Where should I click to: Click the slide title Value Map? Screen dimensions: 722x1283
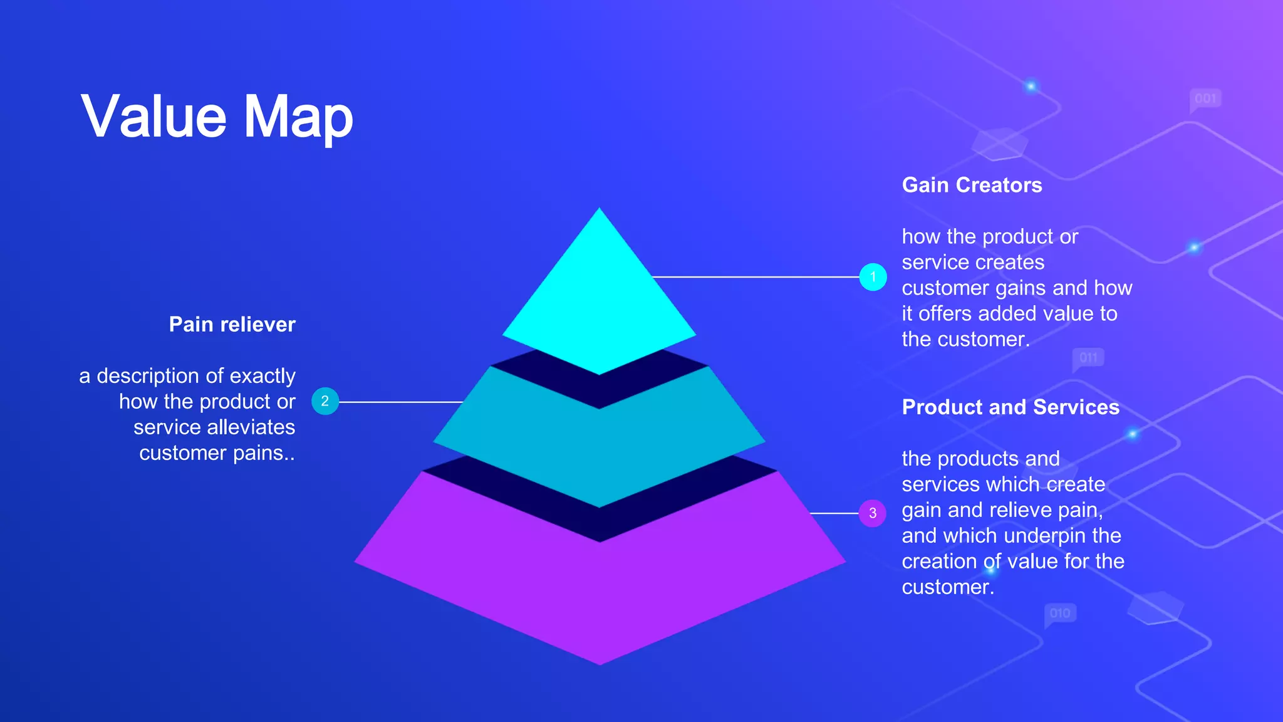click(x=217, y=117)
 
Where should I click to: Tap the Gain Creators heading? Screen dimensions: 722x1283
click(x=972, y=186)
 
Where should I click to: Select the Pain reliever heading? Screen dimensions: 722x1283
click(x=232, y=325)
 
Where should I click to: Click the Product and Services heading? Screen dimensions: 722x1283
click(x=1010, y=407)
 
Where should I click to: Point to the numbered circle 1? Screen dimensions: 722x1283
click(x=873, y=277)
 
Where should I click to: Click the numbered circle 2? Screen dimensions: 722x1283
click(x=325, y=402)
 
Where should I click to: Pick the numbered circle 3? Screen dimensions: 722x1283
click(x=873, y=513)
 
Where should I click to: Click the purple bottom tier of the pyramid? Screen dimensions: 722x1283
click(x=599, y=595)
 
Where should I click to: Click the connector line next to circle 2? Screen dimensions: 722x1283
click(x=401, y=402)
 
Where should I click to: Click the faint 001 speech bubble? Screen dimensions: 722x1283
click(x=1205, y=99)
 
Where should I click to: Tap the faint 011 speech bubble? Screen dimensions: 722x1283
click(x=1089, y=358)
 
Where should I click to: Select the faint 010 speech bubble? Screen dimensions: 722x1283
click(x=1060, y=614)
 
